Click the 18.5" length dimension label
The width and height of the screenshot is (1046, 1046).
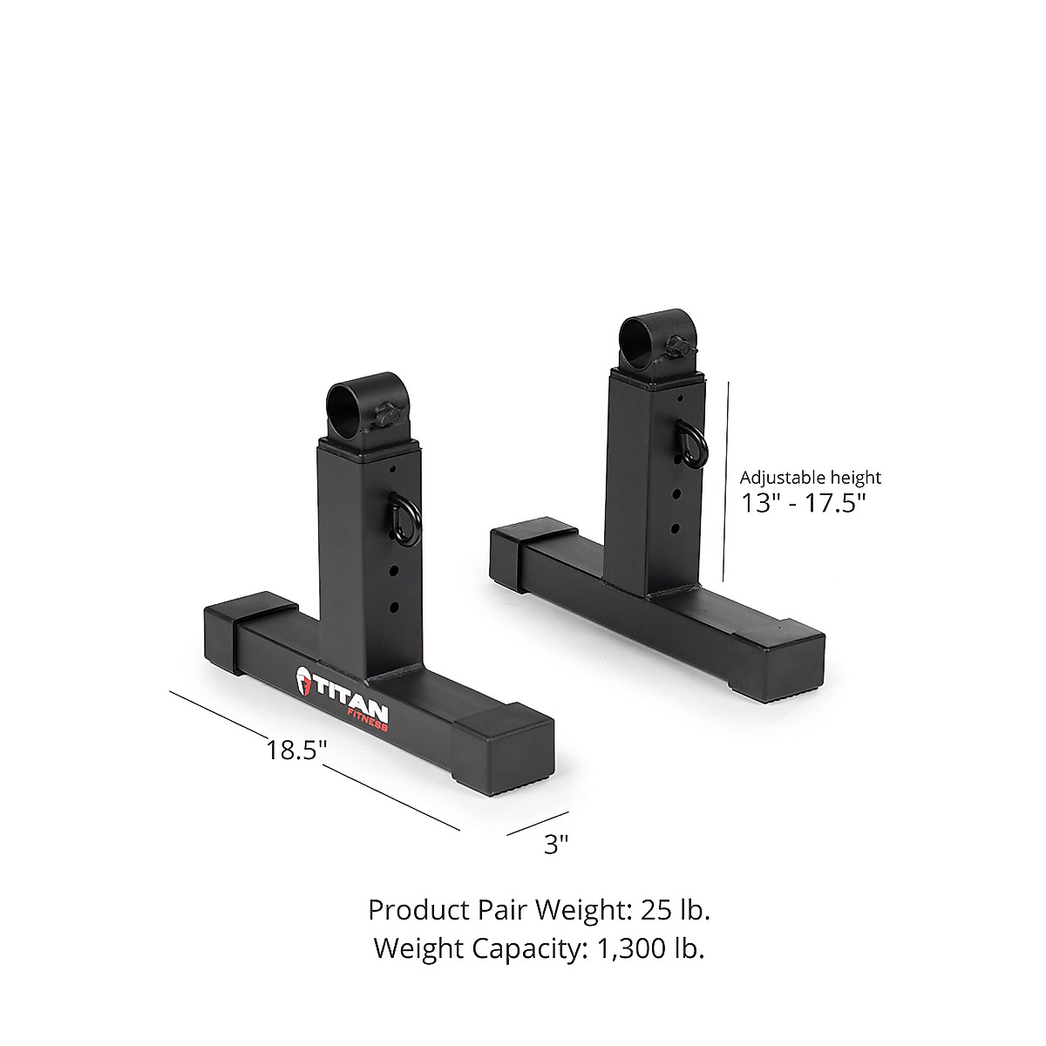(296, 750)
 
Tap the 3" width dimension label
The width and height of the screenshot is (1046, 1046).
(556, 844)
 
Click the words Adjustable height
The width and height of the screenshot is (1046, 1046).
(810, 477)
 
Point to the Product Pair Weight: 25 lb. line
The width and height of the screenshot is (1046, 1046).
(539, 909)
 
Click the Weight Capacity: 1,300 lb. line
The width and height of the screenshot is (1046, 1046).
(539, 948)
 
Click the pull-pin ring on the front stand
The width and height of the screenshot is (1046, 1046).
(406, 516)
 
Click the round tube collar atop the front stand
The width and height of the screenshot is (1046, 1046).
(349, 410)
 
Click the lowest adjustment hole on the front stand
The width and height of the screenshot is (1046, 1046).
(394, 606)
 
